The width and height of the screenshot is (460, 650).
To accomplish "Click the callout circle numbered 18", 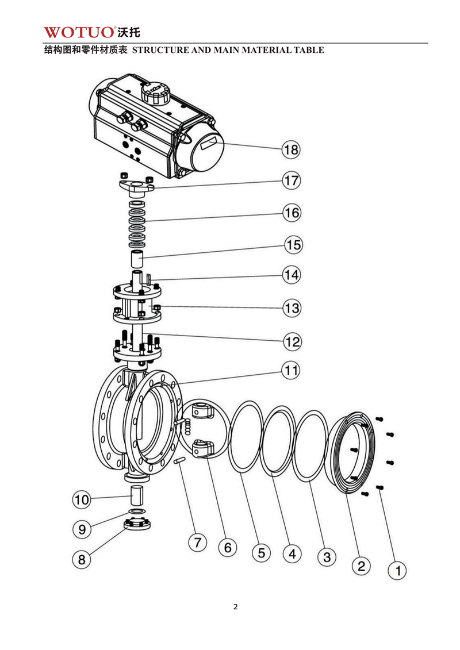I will [291, 150].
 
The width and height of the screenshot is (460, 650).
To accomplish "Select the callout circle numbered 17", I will [291, 180].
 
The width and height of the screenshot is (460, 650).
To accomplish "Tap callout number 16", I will [291, 213].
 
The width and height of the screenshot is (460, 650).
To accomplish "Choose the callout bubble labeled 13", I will [292, 308].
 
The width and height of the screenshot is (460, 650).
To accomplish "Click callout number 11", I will [292, 371].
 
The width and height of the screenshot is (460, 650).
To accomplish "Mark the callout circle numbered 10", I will [82, 499].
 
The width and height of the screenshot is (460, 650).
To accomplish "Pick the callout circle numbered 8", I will [82, 559].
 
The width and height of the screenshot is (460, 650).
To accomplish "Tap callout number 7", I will [197, 542].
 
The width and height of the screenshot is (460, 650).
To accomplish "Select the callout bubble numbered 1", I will [397, 571].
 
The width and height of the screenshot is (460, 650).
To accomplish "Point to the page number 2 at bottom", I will [235, 607].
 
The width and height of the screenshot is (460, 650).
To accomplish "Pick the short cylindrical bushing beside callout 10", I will [137, 494].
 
